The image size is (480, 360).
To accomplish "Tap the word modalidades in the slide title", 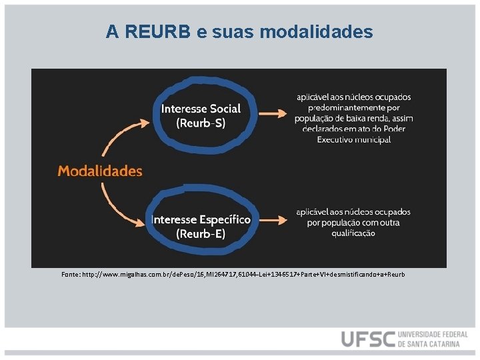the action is point(319,31).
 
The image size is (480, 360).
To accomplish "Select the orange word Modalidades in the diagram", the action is point(100,171).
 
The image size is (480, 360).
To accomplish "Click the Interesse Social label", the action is point(201,109).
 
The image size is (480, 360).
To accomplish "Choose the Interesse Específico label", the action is point(201,219).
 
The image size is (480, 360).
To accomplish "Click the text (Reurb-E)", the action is point(201,233).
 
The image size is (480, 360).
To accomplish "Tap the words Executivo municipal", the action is point(363,139).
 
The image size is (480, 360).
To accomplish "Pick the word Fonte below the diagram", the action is point(70,275).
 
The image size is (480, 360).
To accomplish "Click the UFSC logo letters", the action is point(367,339).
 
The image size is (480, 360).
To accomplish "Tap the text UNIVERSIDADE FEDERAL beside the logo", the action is point(433,334).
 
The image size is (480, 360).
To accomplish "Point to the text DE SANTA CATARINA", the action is point(429,344).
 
